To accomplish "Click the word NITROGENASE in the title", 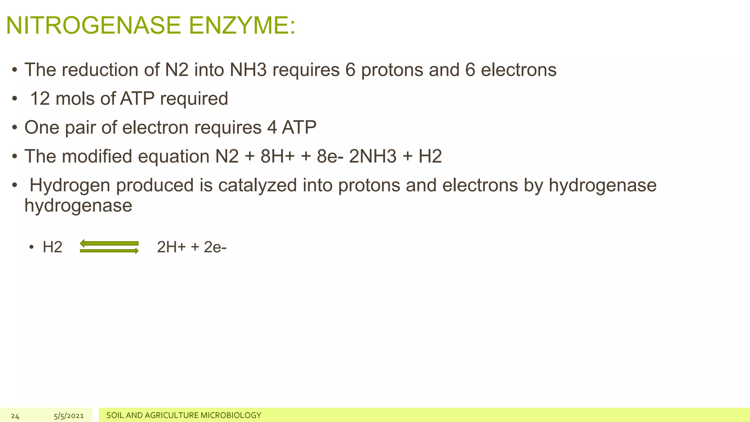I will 93,26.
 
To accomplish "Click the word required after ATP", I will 194,99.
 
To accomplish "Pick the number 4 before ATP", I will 272,127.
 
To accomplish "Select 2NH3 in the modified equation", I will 373,156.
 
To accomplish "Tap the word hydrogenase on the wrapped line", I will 78,205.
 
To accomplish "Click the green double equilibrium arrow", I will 109,247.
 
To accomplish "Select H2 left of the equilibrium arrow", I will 52,247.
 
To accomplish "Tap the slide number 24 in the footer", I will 15,416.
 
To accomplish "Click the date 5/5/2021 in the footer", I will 69,416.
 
